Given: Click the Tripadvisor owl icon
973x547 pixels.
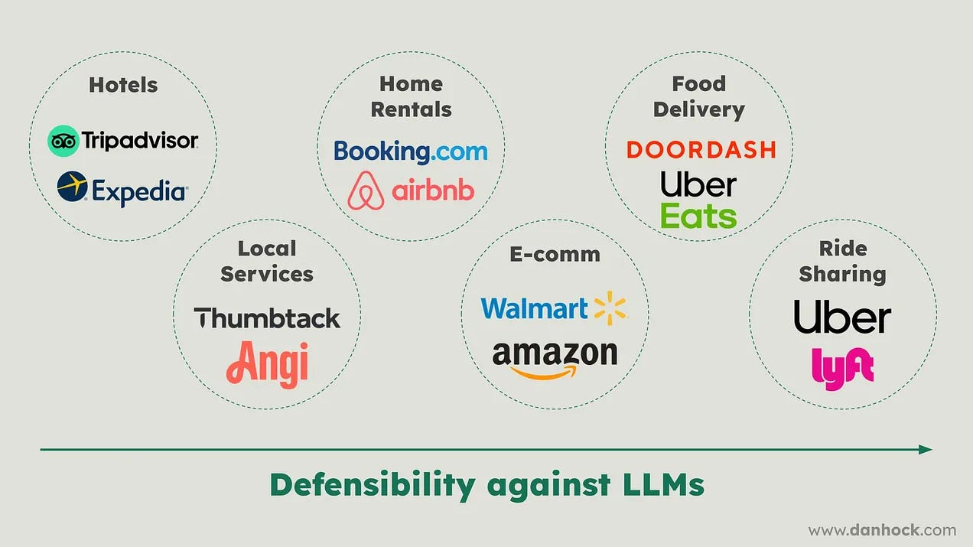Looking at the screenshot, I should (x=63, y=141).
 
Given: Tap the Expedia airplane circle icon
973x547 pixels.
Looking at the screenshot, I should (x=72, y=187).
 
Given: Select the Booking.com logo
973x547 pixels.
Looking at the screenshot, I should (x=410, y=151).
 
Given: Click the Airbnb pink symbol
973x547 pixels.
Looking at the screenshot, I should (x=366, y=190).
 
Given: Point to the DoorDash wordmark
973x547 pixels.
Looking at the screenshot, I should (x=701, y=149).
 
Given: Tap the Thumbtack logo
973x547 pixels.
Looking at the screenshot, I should (x=267, y=317).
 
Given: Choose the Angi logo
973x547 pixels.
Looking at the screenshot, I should (x=267, y=362).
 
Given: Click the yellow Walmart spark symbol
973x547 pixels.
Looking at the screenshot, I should (x=610, y=308).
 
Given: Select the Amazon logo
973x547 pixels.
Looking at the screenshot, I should (x=555, y=357).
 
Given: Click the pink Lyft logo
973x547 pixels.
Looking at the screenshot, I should (x=842, y=367).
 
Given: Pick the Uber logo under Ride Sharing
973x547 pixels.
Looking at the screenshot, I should (x=842, y=317).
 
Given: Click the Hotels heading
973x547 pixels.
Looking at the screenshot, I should (x=123, y=85).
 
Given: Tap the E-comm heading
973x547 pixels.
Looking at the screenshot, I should (x=555, y=255).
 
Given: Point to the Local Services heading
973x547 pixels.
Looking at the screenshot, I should (x=267, y=262).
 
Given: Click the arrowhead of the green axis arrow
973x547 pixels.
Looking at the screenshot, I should (x=926, y=450).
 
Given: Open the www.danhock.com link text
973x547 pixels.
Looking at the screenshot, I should (x=882, y=529).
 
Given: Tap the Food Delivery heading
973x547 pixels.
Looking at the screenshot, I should (x=698, y=96).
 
